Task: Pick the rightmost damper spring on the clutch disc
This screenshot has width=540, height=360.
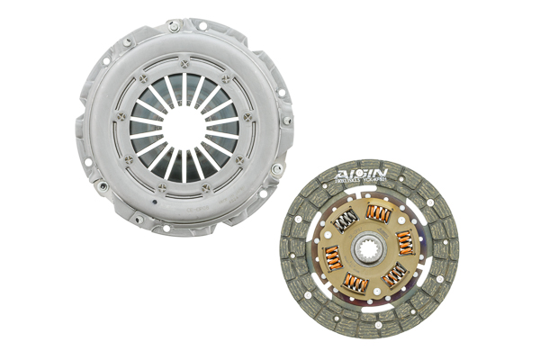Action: (x=404, y=240)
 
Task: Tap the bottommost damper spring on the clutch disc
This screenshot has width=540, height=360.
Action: (x=358, y=284)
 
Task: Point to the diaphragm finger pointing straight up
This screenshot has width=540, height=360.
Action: (x=185, y=87)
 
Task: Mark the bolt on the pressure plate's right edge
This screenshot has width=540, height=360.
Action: (x=287, y=118)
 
